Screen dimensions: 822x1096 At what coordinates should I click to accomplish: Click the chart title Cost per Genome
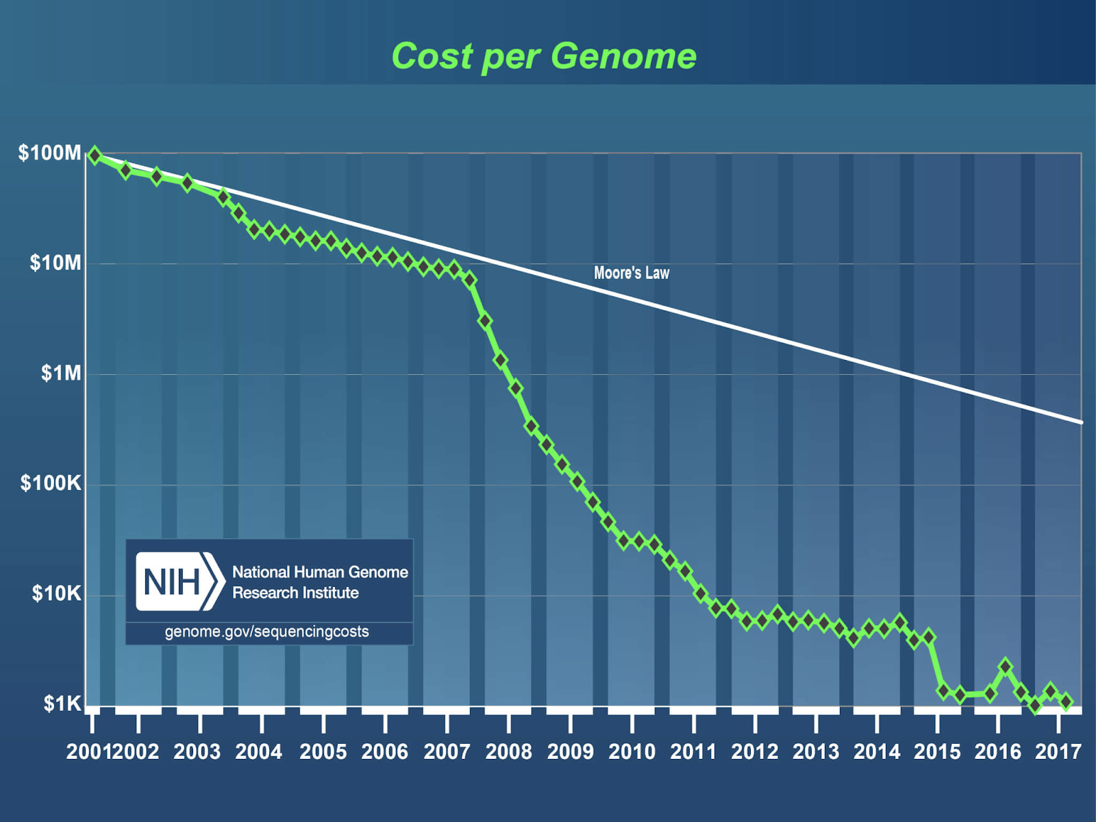544,56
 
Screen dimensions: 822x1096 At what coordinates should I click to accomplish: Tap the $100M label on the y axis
50,153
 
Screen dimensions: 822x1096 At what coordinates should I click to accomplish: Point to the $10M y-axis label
55,263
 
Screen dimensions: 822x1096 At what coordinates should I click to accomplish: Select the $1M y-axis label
61,373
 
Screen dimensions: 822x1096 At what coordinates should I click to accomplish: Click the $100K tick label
51,483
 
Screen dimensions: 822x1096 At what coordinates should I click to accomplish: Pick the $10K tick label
56,594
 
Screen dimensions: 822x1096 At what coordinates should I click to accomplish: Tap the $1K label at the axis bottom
62,703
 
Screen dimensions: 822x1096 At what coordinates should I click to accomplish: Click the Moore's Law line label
631,273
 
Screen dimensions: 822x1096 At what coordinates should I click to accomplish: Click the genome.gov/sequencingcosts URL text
266,631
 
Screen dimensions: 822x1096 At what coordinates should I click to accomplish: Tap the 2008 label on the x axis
508,752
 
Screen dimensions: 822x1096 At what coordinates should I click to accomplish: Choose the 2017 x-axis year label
1058,752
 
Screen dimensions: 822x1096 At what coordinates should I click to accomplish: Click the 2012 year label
754,752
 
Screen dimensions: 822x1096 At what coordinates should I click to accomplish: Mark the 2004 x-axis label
258,752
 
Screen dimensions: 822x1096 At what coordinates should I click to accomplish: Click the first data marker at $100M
95,156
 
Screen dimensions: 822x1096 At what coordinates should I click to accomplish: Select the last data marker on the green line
1066,701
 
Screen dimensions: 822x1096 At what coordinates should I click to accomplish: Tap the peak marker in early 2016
1005,666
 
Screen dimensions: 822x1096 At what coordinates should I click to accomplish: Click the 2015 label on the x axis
937,752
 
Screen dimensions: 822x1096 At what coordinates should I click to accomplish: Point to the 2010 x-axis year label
632,752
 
